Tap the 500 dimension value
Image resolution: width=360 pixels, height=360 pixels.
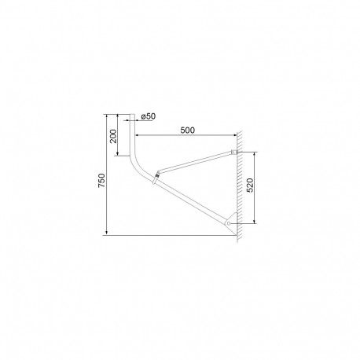[187, 130]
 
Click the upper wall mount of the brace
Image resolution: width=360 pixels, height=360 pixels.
[233, 152]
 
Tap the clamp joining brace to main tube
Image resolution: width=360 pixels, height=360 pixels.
[157, 174]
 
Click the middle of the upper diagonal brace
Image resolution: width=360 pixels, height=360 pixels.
[195, 161]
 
